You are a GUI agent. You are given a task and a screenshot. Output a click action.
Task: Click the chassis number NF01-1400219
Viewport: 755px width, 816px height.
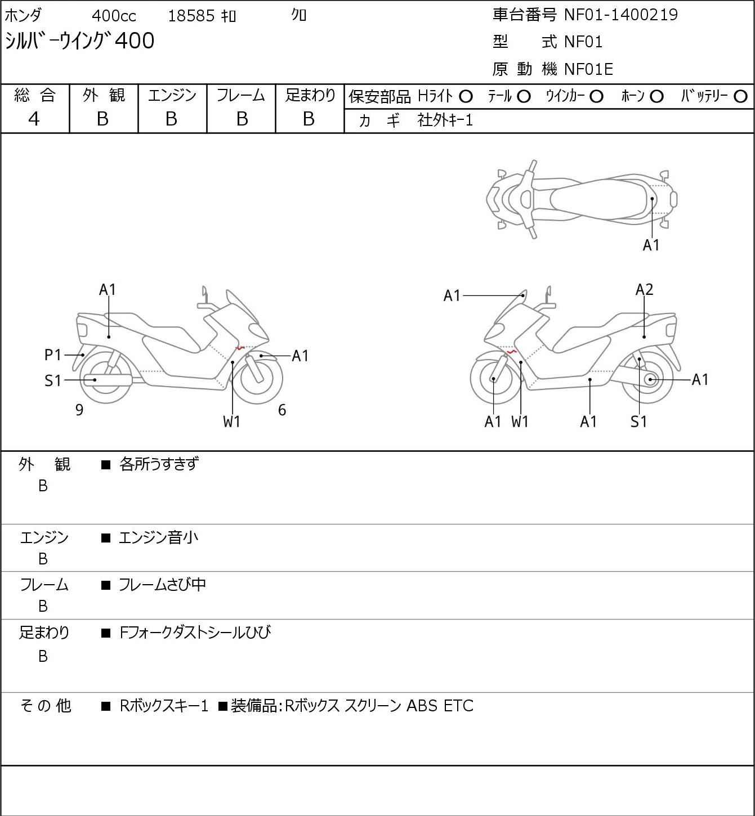pyautogui.click(x=620, y=15)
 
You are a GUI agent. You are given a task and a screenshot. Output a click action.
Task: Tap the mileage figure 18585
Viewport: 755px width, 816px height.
pyautogui.click(x=191, y=16)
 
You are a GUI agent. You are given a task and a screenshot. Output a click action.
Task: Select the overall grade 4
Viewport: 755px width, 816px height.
pyautogui.click(x=34, y=119)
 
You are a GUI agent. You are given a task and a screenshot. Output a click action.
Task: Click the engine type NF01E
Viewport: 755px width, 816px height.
pyautogui.click(x=588, y=69)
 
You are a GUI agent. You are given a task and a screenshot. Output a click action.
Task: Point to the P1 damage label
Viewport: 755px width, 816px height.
pyautogui.click(x=52, y=355)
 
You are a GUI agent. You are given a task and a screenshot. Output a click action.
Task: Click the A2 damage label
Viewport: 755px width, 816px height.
pyautogui.click(x=644, y=290)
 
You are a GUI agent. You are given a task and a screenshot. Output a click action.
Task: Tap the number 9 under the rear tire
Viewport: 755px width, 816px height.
pyautogui.click(x=79, y=410)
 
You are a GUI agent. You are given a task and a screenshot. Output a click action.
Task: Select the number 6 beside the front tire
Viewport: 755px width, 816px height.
pyautogui.click(x=282, y=410)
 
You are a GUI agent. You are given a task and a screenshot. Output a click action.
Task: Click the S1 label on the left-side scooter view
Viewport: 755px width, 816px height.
pyautogui.click(x=52, y=380)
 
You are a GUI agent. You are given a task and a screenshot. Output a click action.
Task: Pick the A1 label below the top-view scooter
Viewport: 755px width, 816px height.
pyautogui.click(x=651, y=245)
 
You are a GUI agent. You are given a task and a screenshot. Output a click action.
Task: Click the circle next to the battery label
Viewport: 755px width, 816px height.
pyautogui.click(x=740, y=97)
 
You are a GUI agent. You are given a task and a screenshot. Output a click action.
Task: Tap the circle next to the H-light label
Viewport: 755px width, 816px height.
pyautogui.click(x=466, y=97)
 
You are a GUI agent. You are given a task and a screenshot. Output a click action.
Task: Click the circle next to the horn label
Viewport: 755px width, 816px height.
pyautogui.click(x=656, y=97)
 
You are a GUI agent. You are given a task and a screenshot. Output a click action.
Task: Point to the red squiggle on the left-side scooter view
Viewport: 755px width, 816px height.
pyautogui.click(x=239, y=348)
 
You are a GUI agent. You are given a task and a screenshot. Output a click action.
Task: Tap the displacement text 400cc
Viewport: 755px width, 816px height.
pyautogui.click(x=114, y=16)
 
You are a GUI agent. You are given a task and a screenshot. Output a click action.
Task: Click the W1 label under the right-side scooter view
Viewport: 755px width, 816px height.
pyautogui.click(x=520, y=422)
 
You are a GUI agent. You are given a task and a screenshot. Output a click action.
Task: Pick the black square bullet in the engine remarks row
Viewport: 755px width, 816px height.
pyautogui.click(x=106, y=538)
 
